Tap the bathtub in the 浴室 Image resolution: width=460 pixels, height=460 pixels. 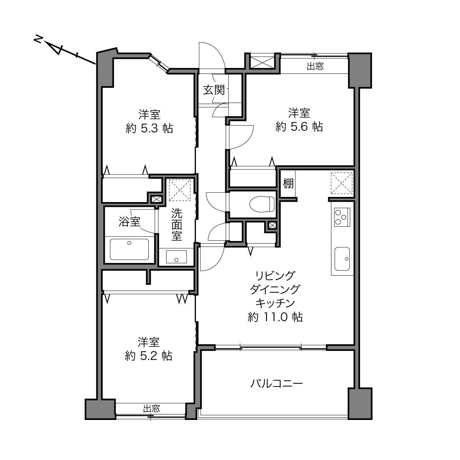(x=129, y=249)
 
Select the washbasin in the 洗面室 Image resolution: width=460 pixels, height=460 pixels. (x=176, y=257)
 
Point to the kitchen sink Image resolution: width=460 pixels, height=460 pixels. (x=342, y=259)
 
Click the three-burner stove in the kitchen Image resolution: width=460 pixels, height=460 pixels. (x=342, y=217)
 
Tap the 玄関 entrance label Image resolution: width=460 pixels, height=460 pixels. (x=214, y=90)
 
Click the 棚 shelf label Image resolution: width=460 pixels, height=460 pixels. (x=288, y=184)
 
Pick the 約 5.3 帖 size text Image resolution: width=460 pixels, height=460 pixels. (x=149, y=129)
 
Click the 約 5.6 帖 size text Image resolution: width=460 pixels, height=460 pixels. (x=299, y=127)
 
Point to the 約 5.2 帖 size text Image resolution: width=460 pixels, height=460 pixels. (x=148, y=356)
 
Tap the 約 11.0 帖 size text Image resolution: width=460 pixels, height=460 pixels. (x=275, y=317)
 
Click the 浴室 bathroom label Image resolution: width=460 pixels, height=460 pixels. (x=129, y=222)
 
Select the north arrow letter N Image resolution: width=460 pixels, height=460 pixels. (x=38, y=39)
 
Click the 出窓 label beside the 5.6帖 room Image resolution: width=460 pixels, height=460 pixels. (x=315, y=66)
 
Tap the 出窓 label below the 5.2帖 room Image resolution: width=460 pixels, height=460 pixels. (x=152, y=409)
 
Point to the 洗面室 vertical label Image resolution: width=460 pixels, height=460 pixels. (x=177, y=224)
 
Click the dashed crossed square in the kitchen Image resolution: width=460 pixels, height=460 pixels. (x=342, y=183)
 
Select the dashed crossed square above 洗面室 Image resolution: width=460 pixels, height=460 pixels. (x=180, y=190)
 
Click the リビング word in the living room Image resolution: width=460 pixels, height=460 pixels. (x=275, y=276)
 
